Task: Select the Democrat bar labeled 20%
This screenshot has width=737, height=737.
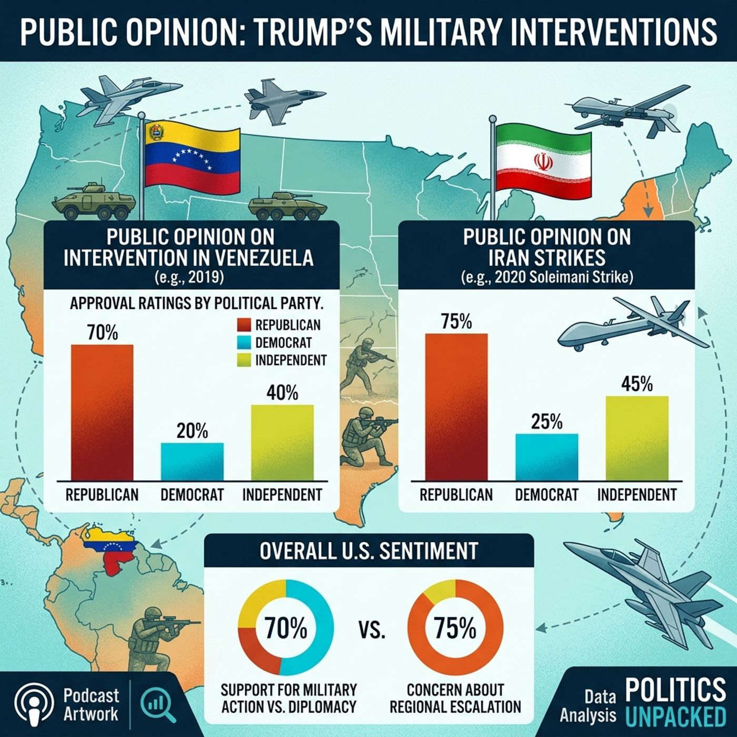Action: point(192,461)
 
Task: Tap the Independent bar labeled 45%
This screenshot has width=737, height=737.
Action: point(637,438)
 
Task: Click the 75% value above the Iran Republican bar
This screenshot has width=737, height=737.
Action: point(456,321)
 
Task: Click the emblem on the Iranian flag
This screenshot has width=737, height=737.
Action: point(544,162)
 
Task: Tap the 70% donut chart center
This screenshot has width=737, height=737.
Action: point(285,628)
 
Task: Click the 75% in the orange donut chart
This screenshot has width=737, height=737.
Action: point(455,628)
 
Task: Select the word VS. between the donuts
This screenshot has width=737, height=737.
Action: point(372,630)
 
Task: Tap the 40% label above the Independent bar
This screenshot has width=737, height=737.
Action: point(282,393)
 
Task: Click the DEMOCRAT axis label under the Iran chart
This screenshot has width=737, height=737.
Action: point(546,495)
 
